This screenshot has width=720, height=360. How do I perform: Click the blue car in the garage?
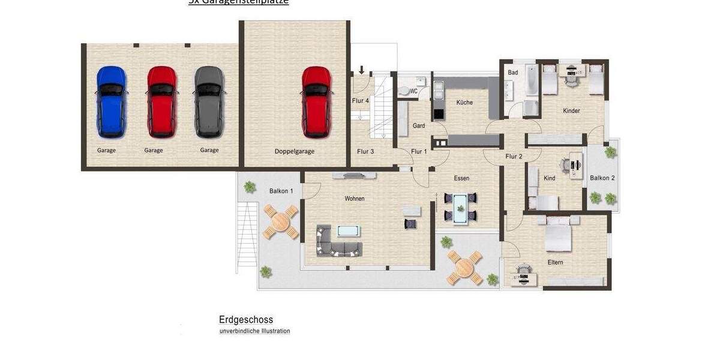[x=112, y=101]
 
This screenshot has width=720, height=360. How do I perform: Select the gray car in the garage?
[x=209, y=101]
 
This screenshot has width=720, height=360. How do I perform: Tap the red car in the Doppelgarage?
[x=316, y=101]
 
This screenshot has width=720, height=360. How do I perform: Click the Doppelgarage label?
[x=295, y=151]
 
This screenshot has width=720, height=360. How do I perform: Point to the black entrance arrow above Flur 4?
[x=362, y=70]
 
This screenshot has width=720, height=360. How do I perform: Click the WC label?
[x=414, y=91]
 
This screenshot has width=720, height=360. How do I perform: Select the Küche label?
[x=464, y=103]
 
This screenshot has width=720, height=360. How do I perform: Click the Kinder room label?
[x=571, y=111]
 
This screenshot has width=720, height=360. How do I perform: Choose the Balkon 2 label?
[x=602, y=178]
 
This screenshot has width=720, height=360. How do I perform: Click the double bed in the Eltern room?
[x=558, y=235]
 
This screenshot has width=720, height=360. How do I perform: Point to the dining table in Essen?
[x=460, y=206]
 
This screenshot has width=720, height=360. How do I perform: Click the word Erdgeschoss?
[x=246, y=320]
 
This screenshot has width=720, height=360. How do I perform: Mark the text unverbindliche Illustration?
[x=254, y=331]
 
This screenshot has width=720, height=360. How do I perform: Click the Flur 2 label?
[x=514, y=157]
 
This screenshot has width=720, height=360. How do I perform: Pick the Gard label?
[x=419, y=125]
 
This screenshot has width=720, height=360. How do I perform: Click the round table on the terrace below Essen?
[x=465, y=268]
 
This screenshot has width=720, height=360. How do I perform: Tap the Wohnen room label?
[x=354, y=199]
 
